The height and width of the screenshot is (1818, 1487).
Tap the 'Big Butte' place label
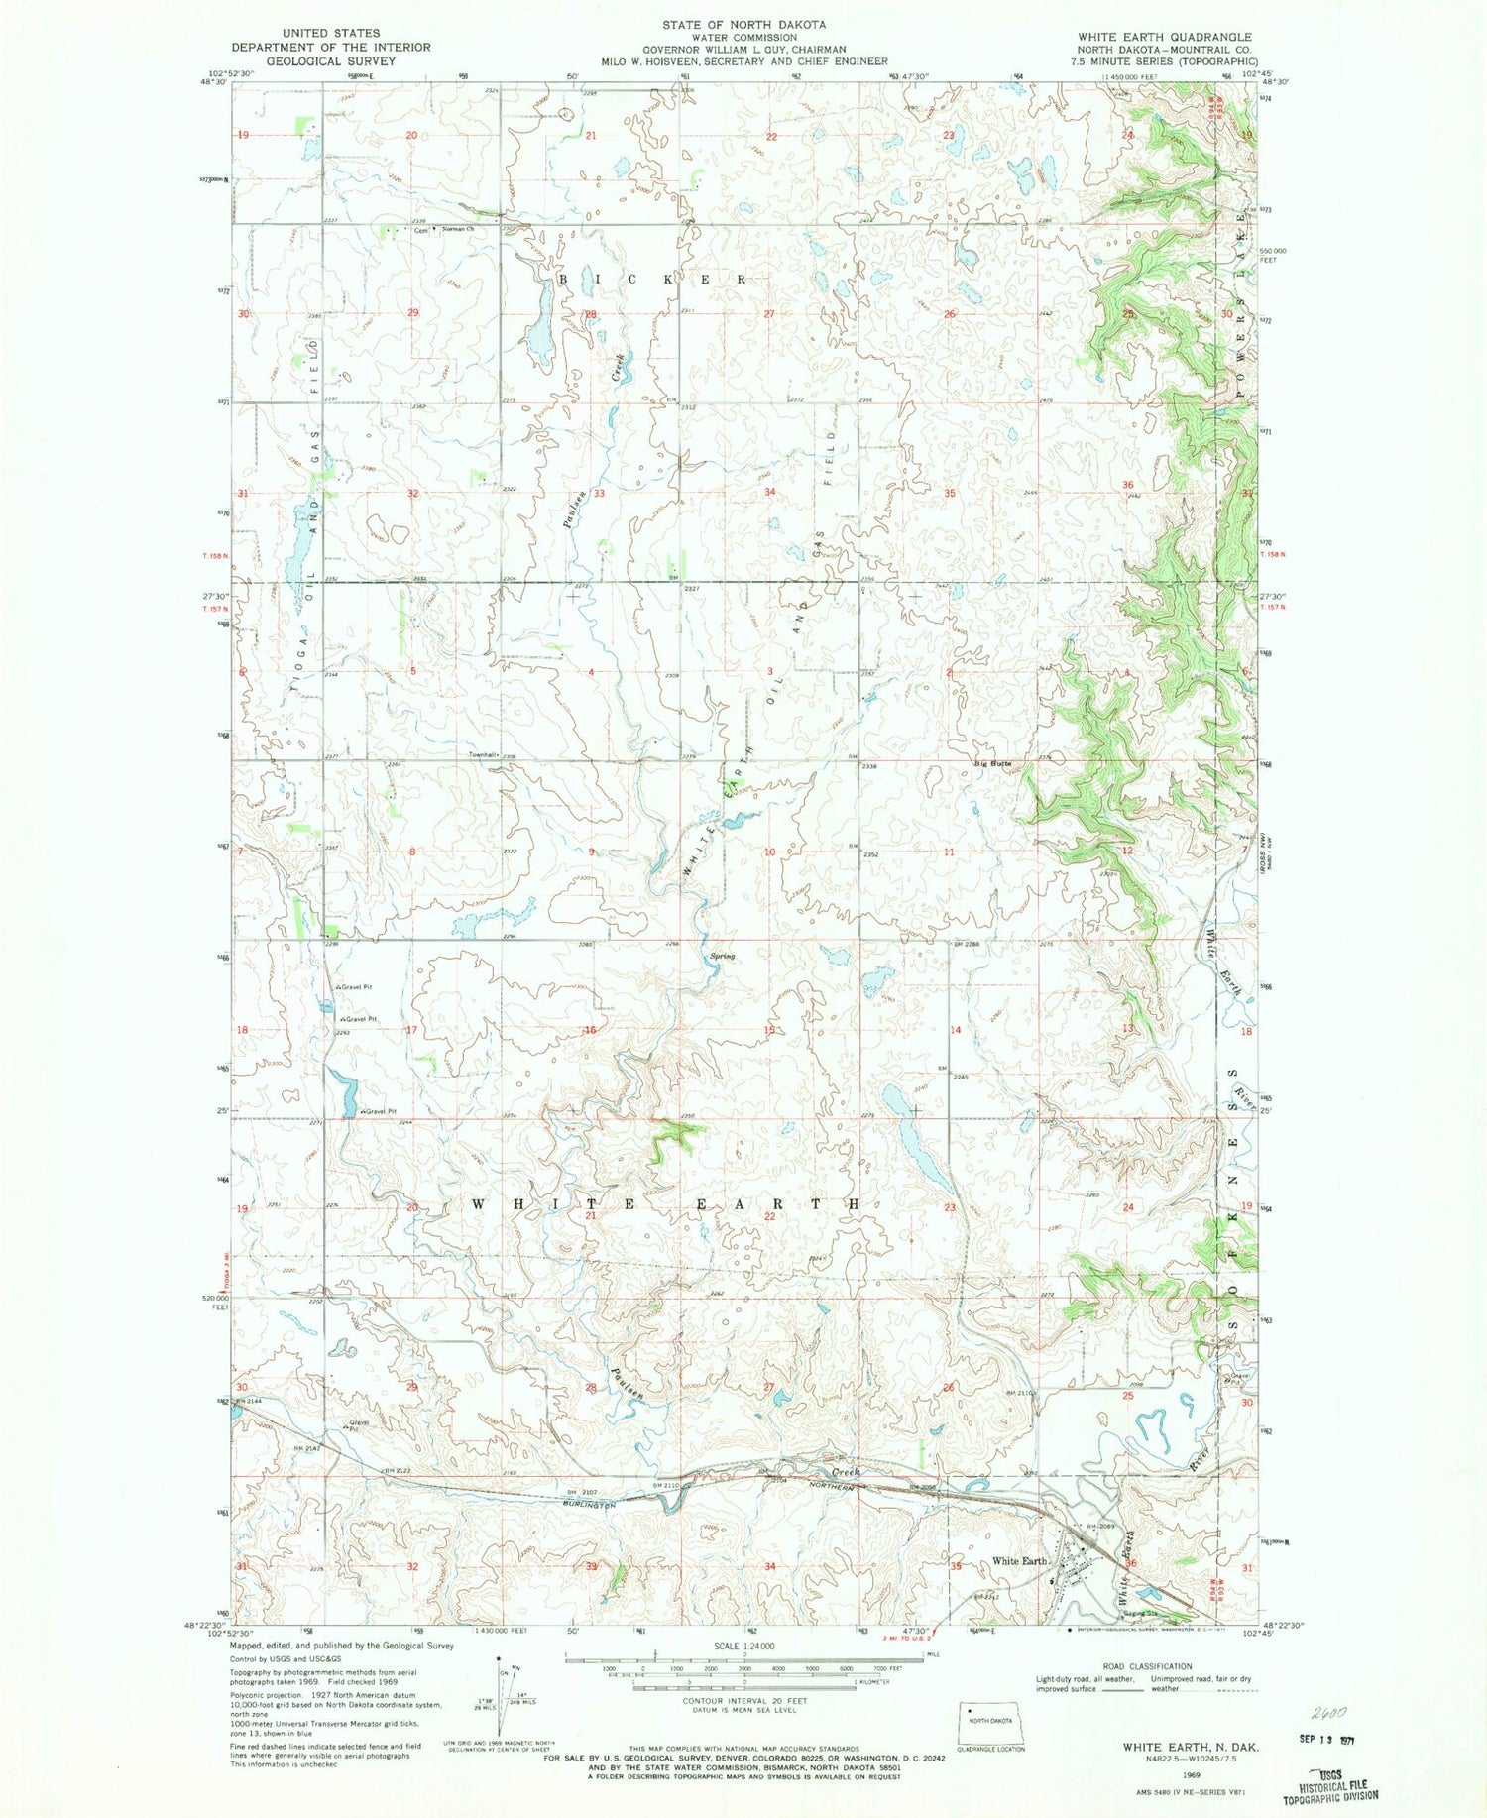pyautogui.click(x=992, y=763)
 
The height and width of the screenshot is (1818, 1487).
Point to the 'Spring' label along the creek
pyautogui.click(x=722, y=957)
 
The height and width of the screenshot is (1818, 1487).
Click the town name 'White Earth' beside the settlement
pyautogui.click(x=1020, y=1561)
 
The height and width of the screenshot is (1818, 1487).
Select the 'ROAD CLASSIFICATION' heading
pyautogui.click(x=1139, y=1666)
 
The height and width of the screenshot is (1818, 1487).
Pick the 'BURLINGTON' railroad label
pyautogui.click(x=583, y=1505)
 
